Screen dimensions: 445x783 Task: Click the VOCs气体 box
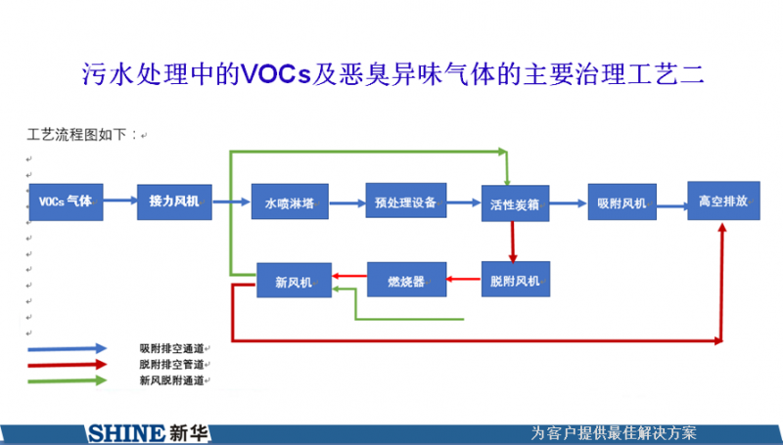click(x=65, y=201)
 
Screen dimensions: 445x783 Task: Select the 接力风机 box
click(x=173, y=201)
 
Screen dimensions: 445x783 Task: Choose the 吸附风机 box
click(x=622, y=203)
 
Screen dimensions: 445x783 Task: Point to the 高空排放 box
click(x=723, y=200)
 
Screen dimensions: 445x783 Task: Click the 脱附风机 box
click(x=516, y=282)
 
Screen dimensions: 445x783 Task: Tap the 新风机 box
click(x=293, y=282)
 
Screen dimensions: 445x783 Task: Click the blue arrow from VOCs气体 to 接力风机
click(x=119, y=201)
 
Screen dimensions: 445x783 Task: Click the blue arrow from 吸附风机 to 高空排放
click(x=671, y=204)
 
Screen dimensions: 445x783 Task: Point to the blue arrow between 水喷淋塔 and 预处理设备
click(x=343, y=203)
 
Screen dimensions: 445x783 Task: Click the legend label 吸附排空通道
click(x=171, y=348)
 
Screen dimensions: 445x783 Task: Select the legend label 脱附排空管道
click(x=171, y=364)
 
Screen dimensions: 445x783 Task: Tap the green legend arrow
click(x=68, y=380)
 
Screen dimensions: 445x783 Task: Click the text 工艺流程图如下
click(x=84, y=135)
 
